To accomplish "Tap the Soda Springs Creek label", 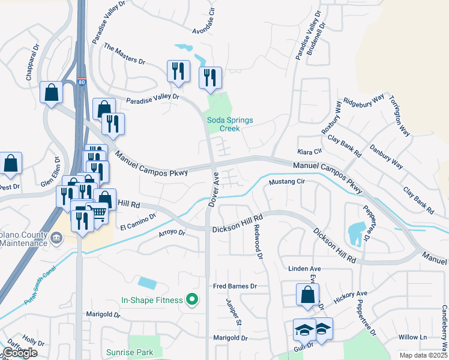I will (x=230, y=124).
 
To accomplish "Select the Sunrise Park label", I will (x=130, y=352).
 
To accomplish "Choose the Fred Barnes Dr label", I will (x=235, y=287).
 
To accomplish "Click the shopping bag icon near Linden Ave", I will (x=307, y=295).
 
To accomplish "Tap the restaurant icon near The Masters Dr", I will (x=178, y=72).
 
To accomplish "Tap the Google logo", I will (x=20, y=353).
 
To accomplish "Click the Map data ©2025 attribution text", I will (x=423, y=355).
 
